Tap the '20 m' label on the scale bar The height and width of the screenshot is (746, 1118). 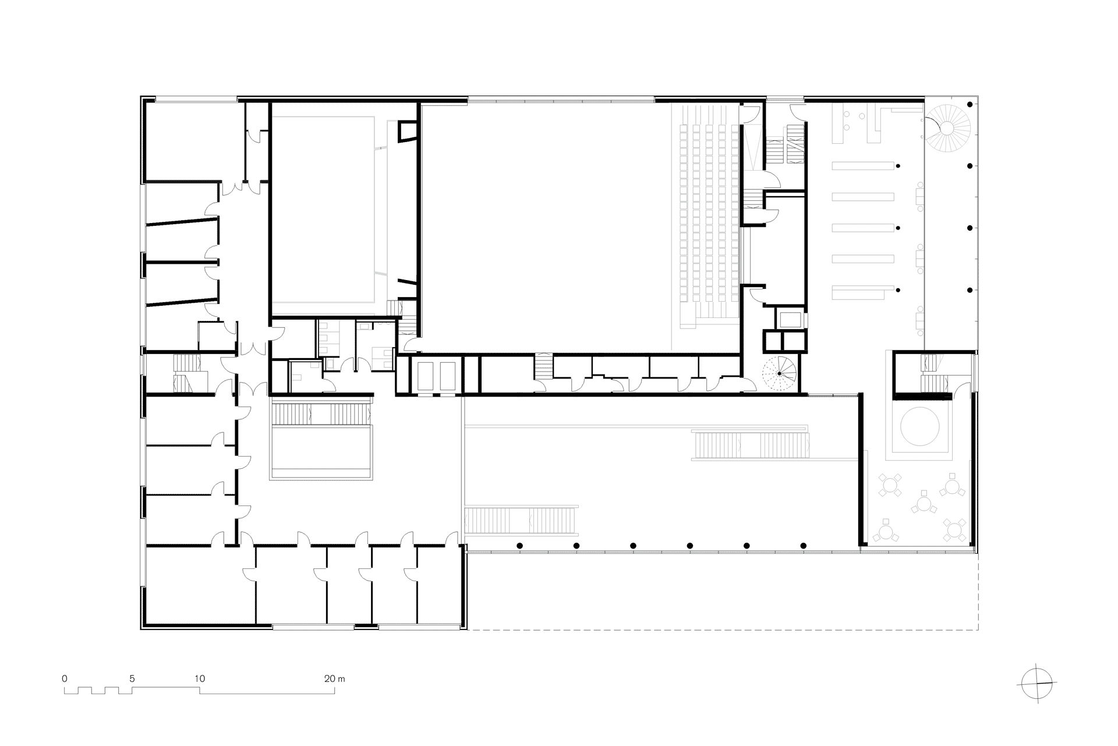(x=335, y=678)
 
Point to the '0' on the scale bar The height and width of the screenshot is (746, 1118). (x=65, y=678)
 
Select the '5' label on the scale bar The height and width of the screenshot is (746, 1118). (x=132, y=678)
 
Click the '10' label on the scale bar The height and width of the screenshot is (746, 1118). (x=200, y=678)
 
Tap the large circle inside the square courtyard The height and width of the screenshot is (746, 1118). (x=919, y=426)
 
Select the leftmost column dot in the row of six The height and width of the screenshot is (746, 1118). (x=519, y=546)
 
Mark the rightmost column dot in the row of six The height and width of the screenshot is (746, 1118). (x=804, y=546)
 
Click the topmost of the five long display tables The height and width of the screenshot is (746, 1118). (x=864, y=166)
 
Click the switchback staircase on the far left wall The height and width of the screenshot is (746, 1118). (x=186, y=373)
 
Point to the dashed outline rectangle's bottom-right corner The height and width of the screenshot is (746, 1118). (x=978, y=630)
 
